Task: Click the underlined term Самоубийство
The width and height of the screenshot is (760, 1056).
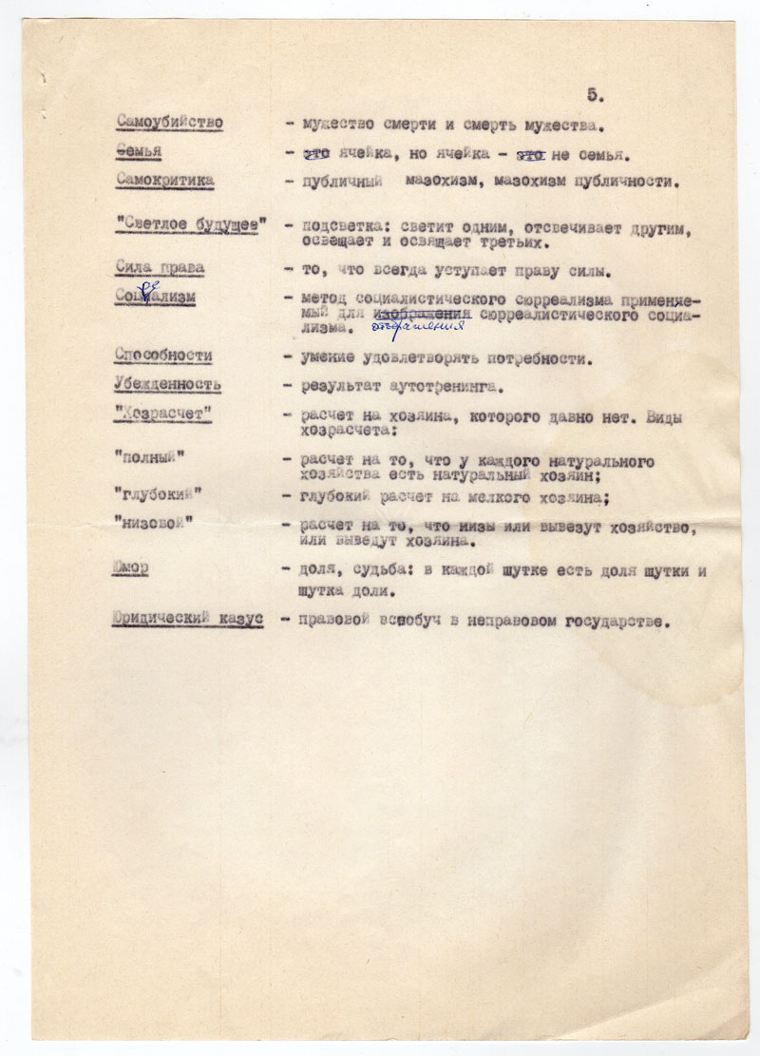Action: [169, 123]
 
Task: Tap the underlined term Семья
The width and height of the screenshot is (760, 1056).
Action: [139, 152]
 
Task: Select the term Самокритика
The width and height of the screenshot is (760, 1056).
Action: [165, 180]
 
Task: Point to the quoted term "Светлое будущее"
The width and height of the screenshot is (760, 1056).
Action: [190, 224]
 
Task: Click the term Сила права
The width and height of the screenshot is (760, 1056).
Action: [159, 268]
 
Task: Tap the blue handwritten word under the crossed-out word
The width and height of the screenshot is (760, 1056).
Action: [419, 325]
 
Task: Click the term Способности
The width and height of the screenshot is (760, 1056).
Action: [163, 355]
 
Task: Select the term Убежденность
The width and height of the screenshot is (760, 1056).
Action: [167, 384]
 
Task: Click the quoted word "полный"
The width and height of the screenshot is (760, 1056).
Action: [149, 457]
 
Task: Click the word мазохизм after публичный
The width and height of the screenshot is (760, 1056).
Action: [441, 181]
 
